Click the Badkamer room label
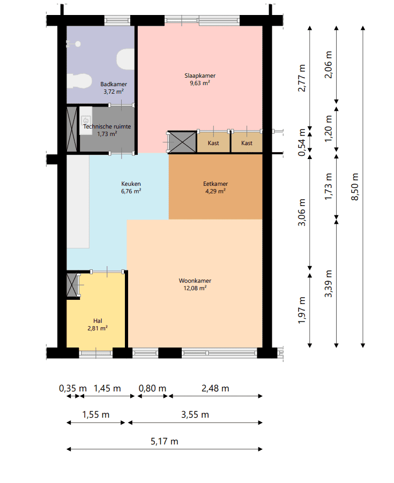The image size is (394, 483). (x=114, y=84)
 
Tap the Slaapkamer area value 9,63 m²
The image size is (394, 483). (x=200, y=83)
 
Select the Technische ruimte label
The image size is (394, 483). (x=107, y=126)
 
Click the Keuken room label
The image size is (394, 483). (x=131, y=184)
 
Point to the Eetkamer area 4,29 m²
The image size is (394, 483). (x=215, y=191)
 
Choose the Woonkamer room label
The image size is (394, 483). (x=195, y=281)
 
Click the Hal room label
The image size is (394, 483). (x=98, y=321)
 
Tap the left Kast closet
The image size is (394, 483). (x=213, y=142)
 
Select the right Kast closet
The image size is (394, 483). (x=247, y=142)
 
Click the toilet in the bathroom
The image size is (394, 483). (x=125, y=59)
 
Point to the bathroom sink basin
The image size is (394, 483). (x=79, y=81)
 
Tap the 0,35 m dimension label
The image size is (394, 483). (x=73, y=388)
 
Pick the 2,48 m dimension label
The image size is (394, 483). (x=215, y=388)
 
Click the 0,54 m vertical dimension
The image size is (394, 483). (x=302, y=142)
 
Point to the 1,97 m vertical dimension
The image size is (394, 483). (x=302, y=310)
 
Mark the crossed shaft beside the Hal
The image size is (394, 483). (x=72, y=285)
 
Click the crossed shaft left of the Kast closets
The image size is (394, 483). (x=182, y=142)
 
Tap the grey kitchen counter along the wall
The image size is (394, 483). (x=78, y=201)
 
